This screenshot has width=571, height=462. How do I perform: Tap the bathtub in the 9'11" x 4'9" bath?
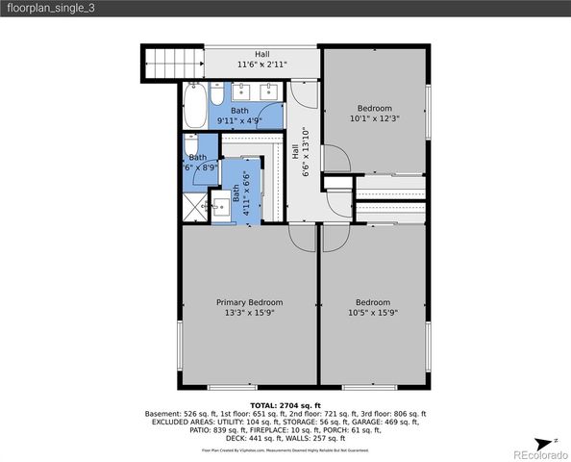193,105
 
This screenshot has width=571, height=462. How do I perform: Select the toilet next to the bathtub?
217,97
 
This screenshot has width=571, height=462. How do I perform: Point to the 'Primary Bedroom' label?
249,302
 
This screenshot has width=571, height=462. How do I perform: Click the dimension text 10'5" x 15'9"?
372,313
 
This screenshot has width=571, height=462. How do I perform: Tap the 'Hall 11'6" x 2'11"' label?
261,60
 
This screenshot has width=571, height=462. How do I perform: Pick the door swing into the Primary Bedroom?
303,239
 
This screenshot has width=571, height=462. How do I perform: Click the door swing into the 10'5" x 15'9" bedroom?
334,238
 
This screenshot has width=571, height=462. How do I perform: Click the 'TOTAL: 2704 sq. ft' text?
285,405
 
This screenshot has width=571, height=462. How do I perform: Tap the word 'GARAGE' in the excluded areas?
387,422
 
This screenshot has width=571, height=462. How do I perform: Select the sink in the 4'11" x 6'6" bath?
220,206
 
